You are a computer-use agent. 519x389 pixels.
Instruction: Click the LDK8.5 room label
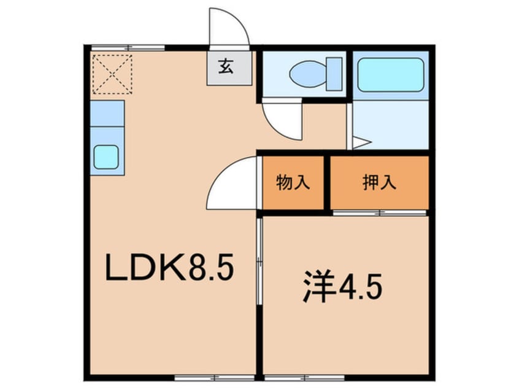170,268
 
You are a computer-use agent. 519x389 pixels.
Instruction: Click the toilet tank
334,74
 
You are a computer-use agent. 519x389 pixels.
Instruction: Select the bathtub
390,75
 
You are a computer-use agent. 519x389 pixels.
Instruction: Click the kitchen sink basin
108,156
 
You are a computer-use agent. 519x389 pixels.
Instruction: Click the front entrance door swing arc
228,28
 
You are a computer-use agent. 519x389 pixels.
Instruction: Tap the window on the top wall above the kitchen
128,47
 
